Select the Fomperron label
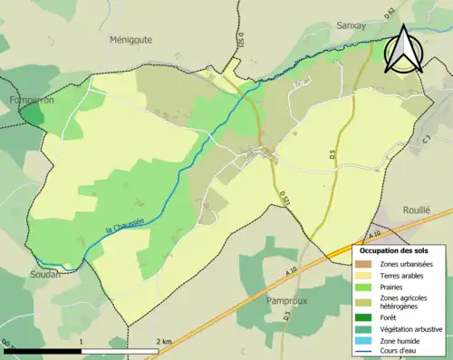[29, 101]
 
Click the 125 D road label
[243, 42]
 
